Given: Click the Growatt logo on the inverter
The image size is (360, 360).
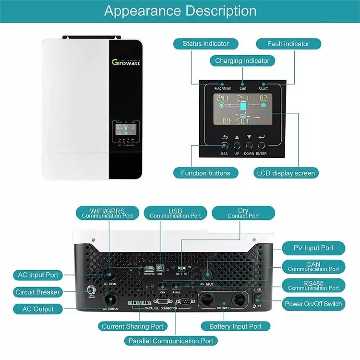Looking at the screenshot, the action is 126,62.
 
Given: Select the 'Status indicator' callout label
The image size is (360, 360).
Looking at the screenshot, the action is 205,44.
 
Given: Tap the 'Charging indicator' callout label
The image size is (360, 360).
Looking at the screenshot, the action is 242,61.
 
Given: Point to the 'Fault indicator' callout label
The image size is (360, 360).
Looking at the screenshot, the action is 288,44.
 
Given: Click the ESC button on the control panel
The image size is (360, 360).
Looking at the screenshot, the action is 224,144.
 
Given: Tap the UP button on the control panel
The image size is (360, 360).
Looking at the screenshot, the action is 237,144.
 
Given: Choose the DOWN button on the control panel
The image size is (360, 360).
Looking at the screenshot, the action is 249,144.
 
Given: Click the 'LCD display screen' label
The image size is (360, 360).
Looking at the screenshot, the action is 287,173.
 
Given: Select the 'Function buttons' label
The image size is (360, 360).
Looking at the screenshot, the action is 205,173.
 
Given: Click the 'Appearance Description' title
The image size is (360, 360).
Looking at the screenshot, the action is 180,11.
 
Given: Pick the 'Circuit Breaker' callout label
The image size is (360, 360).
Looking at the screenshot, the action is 38,292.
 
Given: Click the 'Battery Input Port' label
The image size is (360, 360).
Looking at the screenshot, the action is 235,326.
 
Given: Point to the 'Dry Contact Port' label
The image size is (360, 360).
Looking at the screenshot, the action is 243,213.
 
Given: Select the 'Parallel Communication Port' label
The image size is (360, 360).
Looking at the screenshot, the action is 170,341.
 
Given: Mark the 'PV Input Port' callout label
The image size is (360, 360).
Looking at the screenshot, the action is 313,248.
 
